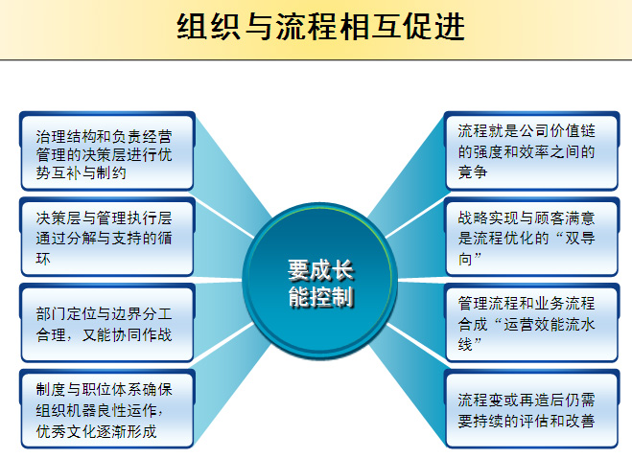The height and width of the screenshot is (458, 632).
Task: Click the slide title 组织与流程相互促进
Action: (x=321, y=27)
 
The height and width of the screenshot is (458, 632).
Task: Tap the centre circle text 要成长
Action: (x=321, y=270)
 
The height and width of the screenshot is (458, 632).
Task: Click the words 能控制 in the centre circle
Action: (x=321, y=297)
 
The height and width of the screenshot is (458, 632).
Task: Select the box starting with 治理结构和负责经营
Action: (x=107, y=151)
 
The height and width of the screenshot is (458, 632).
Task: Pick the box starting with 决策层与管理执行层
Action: (x=107, y=237)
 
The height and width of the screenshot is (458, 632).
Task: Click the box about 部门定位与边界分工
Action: (x=107, y=323)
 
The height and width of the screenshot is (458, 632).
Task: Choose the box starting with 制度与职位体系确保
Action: (x=107, y=408)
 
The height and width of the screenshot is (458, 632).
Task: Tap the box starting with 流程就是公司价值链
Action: (x=531, y=151)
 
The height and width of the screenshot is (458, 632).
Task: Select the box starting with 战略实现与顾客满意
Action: (x=531, y=237)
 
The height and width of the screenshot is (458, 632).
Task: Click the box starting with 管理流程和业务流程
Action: (x=531, y=323)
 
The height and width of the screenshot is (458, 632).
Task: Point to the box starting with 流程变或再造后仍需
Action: (x=531, y=408)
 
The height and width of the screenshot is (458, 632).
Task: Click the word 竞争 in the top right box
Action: (x=473, y=172)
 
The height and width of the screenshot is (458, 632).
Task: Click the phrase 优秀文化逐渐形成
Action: (x=96, y=431)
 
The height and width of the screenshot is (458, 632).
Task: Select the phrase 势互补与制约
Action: (x=81, y=172)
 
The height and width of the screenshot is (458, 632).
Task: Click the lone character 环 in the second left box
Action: (x=43, y=258)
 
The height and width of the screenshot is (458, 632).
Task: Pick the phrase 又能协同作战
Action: (x=127, y=334)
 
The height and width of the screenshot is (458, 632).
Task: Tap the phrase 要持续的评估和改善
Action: (x=527, y=421)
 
